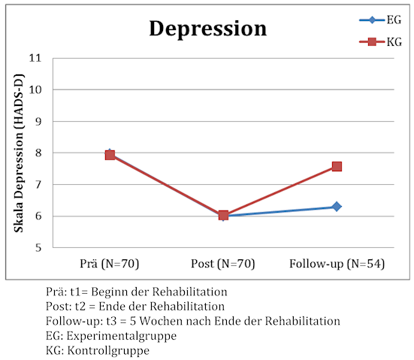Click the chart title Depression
(x=208, y=29)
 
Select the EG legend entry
(x=380, y=20)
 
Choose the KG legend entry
(x=380, y=42)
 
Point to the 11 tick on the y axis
(x=35, y=58)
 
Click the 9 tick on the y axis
(x=38, y=122)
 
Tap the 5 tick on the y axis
(x=38, y=248)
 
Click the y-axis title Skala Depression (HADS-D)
(x=19, y=153)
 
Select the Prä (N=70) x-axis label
(x=109, y=264)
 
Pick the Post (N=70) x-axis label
(x=223, y=264)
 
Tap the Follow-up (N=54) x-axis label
(x=337, y=264)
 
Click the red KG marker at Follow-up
(x=337, y=166)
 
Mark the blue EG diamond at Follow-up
(x=337, y=207)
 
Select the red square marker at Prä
(x=110, y=155)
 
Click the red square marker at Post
(x=223, y=215)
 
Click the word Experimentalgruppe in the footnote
(x=122, y=336)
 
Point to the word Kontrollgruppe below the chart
(x=108, y=351)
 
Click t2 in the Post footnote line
(x=80, y=307)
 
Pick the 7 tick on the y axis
(x=38, y=184)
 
